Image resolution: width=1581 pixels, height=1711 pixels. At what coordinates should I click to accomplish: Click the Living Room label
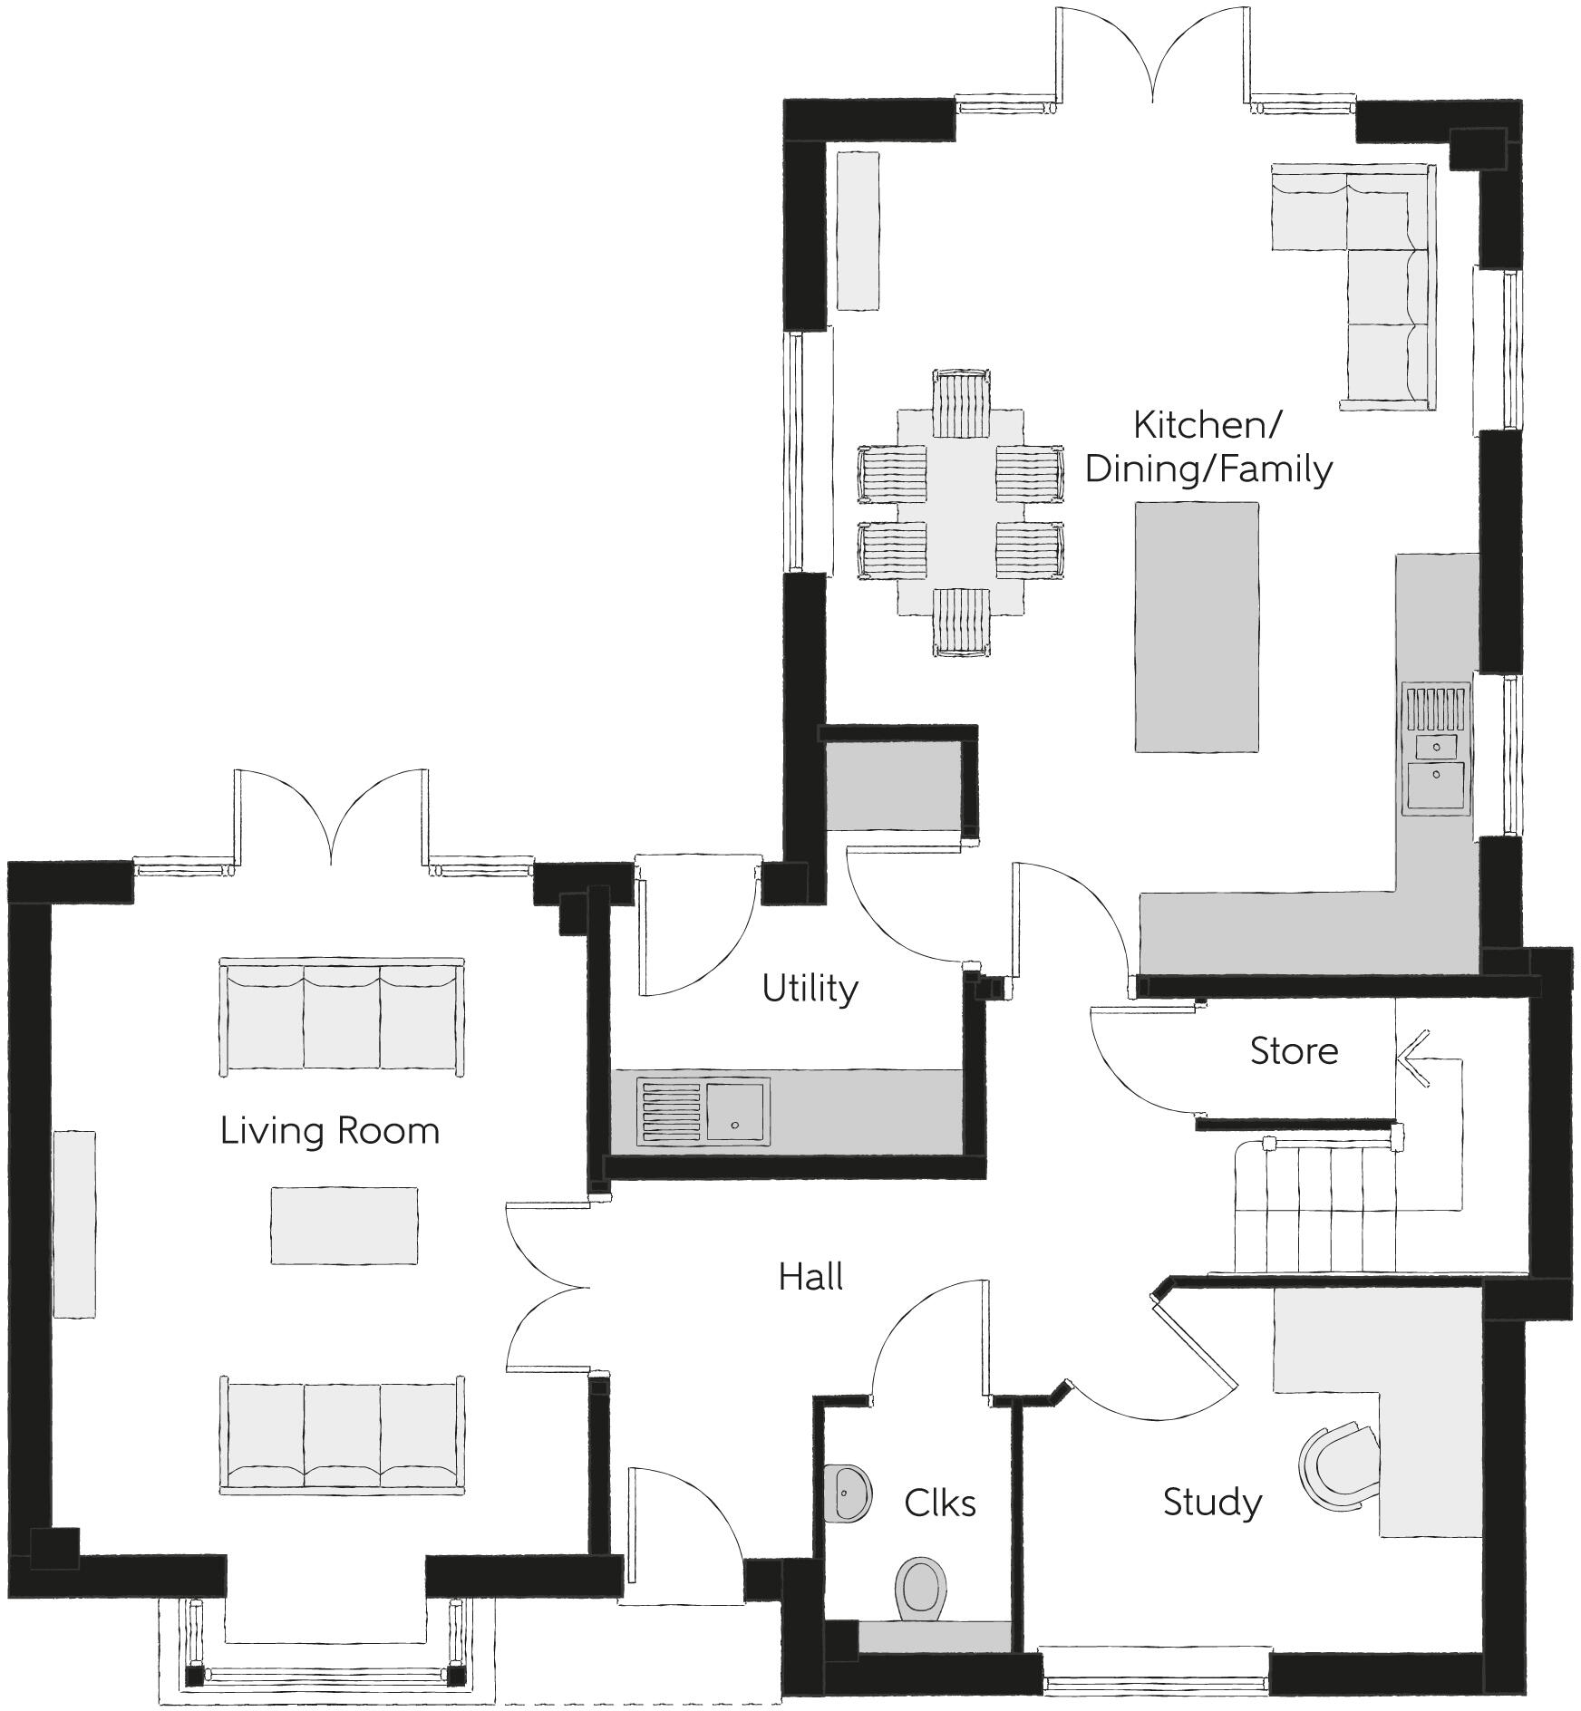[x=329, y=1131]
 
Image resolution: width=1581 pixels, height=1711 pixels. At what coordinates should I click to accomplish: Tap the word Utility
[x=809, y=989]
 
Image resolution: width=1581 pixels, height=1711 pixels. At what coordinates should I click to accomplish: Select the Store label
[x=1293, y=1051]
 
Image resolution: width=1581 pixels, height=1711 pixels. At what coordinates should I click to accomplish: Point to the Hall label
[x=810, y=1277]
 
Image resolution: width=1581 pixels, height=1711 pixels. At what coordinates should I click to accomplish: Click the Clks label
[x=939, y=1503]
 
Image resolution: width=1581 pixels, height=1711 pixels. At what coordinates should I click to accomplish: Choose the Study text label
[x=1211, y=1503]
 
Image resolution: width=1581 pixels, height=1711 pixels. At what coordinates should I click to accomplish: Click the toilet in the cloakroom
[x=920, y=1587]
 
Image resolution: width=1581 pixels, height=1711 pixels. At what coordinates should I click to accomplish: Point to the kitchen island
[x=1196, y=627]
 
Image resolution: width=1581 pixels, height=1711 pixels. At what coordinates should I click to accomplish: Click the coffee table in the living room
[x=344, y=1225]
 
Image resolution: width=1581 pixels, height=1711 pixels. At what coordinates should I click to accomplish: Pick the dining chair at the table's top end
[x=961, y=402]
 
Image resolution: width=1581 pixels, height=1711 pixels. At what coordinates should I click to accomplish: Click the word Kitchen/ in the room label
[x=1208, y=424]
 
